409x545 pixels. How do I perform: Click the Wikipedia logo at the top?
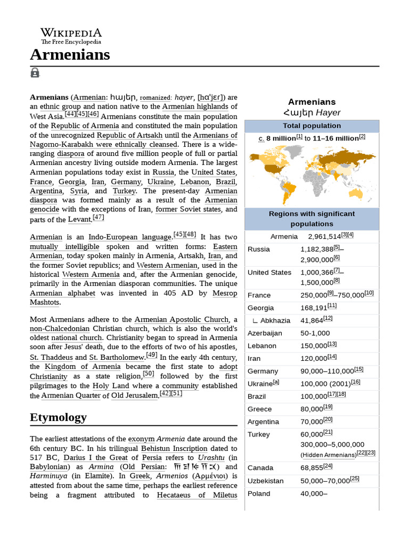71,36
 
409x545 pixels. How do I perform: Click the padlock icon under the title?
35,73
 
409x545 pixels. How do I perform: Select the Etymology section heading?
58,417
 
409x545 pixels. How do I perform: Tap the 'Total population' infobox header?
312,126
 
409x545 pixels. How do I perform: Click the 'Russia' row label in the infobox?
259,249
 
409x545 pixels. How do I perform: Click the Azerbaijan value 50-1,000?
315,333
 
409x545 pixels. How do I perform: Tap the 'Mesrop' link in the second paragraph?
225,293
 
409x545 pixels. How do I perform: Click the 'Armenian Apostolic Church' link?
181,319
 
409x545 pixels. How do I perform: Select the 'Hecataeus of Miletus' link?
197,495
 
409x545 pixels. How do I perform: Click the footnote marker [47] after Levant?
98,218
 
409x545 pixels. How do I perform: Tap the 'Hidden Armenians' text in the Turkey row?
329,455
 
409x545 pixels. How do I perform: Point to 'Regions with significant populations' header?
312,219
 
